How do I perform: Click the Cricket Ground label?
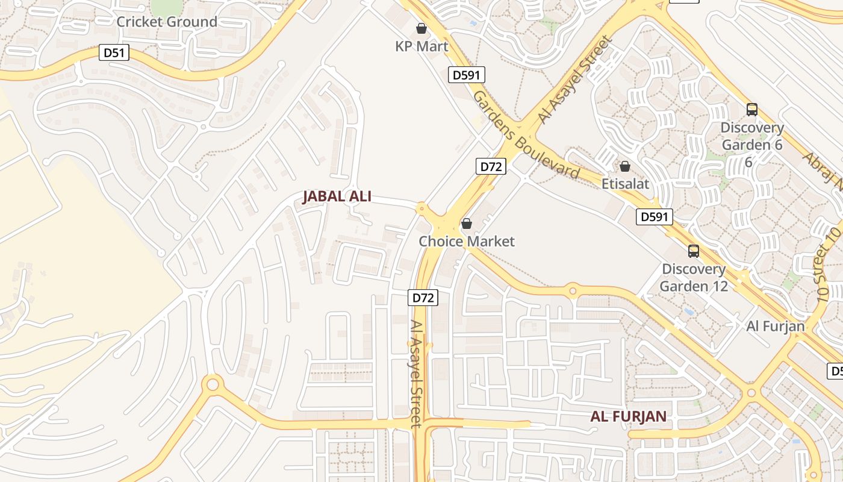coord(167,22)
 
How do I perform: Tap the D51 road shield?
coord(114,52)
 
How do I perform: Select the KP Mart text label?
coord(421,46)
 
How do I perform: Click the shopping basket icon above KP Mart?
coord(421,28)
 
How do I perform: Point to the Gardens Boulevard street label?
coord(526,135)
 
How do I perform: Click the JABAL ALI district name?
coord(337,196)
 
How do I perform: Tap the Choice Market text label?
coord(467,242)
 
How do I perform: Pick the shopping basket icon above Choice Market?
coord(466,224)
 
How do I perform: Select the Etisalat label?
coord(626,183)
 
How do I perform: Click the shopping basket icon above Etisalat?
coord(625,166)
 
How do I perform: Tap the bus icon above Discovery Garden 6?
coord(752,110)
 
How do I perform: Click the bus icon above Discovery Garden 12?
coord(694,251)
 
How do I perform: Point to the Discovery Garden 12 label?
coord(694,277)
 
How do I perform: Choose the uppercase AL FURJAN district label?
coord(628,416)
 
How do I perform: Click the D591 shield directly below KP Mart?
coord(467,75)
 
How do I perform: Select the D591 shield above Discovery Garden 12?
coord(654,217)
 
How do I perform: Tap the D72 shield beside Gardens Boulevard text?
coord(490,167)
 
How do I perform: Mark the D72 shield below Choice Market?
coord(422,298)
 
